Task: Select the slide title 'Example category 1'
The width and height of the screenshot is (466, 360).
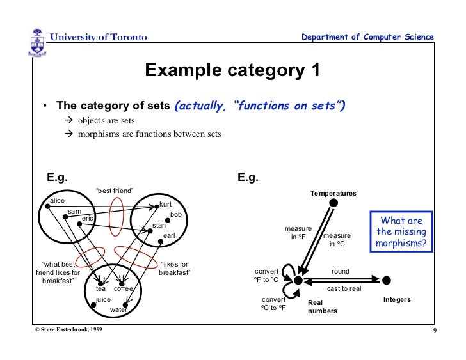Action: (232, 70)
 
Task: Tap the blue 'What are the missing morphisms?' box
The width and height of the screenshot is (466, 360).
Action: (401, 232)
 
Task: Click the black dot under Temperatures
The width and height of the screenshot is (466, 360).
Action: (333, 203)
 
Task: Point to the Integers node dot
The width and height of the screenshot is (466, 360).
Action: (387, 280)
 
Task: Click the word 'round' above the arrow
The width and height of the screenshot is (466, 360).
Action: (340, 271)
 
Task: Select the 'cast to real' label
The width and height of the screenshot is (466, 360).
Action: (344, 288)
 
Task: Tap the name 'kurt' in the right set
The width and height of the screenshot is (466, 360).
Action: (165, 205)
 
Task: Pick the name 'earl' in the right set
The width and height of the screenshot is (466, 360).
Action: (169, 235)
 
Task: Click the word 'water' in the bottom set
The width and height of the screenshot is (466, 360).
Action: (118, 309)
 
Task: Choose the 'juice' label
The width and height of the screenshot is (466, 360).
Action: (103, 299)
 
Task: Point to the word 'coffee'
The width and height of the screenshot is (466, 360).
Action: (123, 288)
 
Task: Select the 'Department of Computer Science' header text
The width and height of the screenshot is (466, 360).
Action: (367, 37)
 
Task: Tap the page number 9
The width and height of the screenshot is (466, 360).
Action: (435, 331)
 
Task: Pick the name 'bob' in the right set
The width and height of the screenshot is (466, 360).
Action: (176, 214)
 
